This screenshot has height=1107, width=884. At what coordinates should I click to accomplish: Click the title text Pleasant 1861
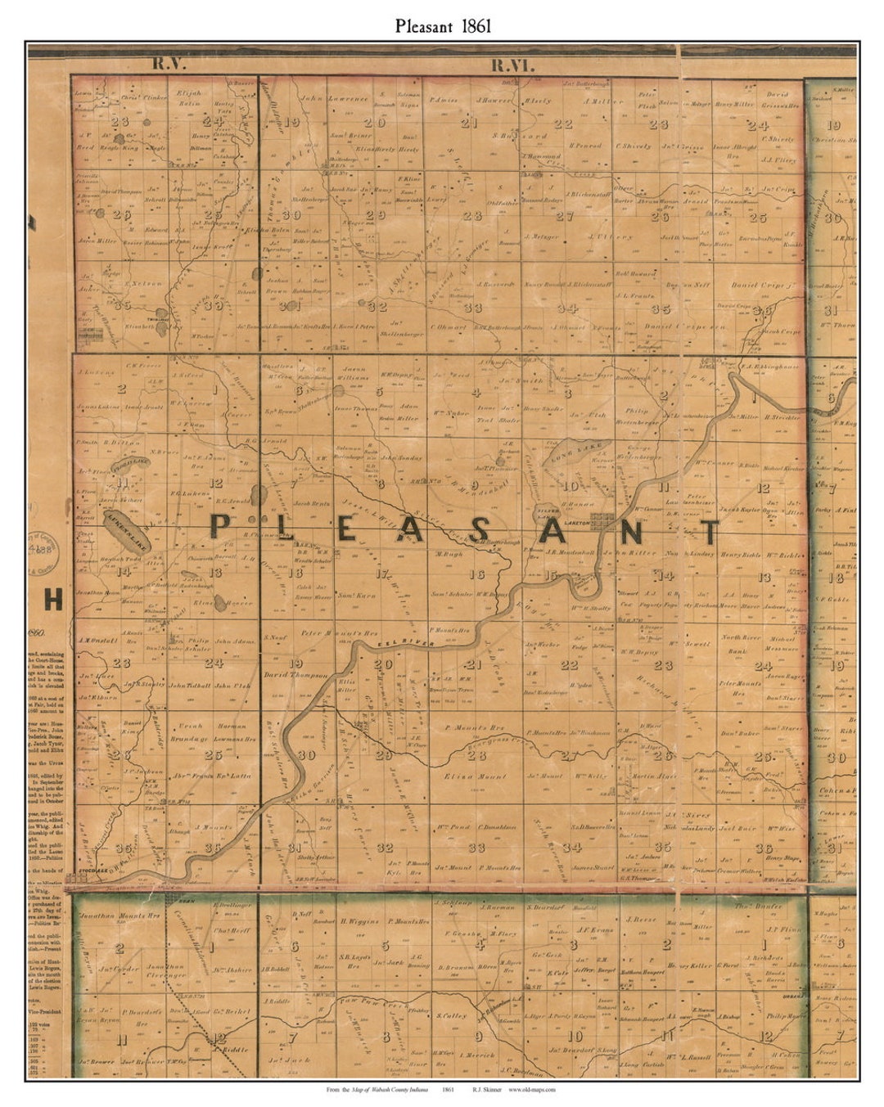tap(442, 25)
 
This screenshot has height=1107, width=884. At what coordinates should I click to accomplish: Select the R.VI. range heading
tap(512, 65)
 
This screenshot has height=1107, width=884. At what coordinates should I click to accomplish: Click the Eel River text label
tap(397, 646)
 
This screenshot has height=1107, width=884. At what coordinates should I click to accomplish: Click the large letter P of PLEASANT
tap(219, 525)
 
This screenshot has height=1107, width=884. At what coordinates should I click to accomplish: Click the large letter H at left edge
tap(53, 601)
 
